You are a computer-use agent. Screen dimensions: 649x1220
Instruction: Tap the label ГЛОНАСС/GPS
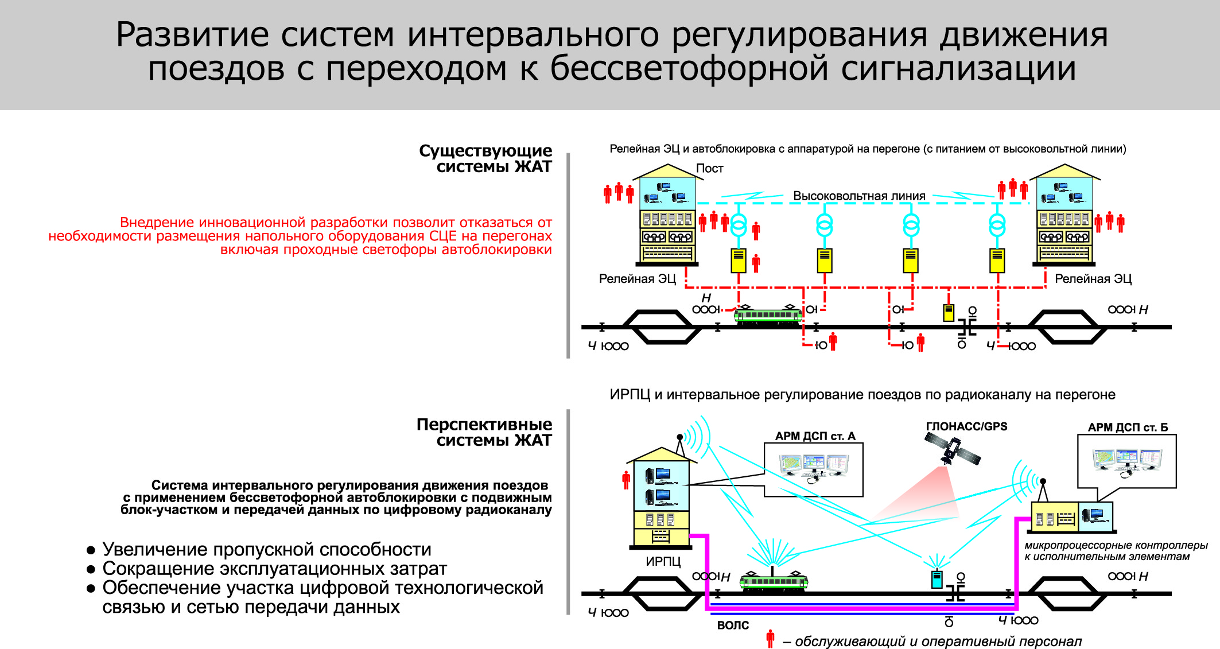966,426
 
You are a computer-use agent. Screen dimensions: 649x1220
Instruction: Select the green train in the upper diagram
768,314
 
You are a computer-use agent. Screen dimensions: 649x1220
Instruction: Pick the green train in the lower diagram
774,581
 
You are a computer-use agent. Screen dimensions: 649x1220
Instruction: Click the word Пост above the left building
709,169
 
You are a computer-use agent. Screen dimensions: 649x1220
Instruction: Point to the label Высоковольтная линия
859,196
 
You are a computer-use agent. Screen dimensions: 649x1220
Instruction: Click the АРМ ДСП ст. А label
815,436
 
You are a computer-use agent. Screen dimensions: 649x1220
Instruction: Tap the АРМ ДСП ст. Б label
1128,428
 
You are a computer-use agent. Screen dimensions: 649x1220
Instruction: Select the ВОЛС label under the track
733,625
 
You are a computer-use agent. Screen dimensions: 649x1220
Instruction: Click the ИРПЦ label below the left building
663,561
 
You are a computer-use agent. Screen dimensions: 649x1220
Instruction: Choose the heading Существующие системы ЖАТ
485,158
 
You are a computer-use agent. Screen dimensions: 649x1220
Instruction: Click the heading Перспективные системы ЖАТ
484,432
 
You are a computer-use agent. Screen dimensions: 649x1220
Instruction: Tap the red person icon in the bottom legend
770,638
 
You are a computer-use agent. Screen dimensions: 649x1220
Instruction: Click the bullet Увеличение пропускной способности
266,549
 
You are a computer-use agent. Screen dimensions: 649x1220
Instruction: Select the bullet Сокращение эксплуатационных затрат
274,569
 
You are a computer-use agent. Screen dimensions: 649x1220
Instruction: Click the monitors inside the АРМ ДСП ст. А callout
814,466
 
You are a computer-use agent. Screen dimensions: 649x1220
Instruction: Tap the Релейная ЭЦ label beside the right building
1093,279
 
